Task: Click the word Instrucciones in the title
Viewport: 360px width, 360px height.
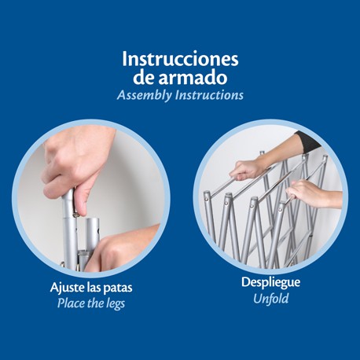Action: tap(180, 59)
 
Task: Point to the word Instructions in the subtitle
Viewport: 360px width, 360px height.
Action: tap(209, 95)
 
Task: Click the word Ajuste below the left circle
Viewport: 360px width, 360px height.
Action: tap(68, 288)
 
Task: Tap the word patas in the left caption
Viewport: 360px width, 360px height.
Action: tap(118, 288)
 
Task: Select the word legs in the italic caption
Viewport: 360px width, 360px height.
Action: tap(116, 304)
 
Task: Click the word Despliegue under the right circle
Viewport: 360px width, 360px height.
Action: tap(270, 283)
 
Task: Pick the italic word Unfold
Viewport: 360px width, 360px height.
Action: tap(270, 299)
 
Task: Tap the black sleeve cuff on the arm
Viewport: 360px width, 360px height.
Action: tap(309, 141)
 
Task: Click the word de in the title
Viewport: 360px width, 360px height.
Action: tap(144, 77)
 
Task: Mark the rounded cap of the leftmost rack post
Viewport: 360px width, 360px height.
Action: tap(207, 195)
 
